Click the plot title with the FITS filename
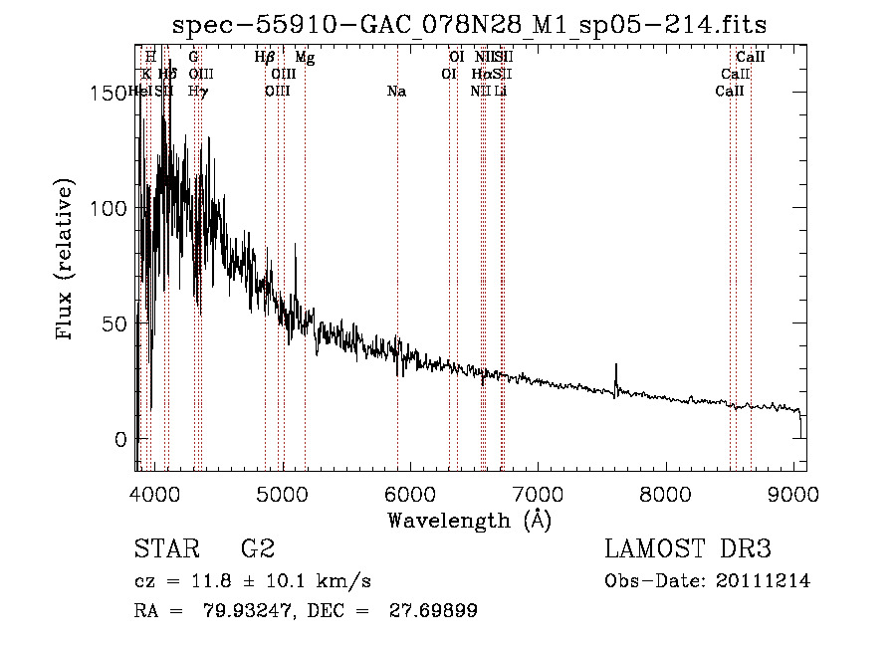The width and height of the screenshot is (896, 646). click(469, 25)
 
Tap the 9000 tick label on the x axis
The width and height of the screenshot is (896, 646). click(794, 495)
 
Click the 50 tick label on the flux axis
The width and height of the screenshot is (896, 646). click(112, 323)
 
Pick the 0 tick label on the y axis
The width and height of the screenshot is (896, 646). click(119, 439)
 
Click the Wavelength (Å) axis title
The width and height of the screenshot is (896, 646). click(469, 520)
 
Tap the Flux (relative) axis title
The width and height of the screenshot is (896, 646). click(67, 261)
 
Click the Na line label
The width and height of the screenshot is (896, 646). click(396, 92)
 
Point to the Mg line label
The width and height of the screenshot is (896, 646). click(305, 58)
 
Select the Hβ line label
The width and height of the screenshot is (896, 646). click(264, 58)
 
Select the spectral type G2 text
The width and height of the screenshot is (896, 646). click(257, 549)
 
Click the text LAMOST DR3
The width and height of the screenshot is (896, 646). click(687, 549)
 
